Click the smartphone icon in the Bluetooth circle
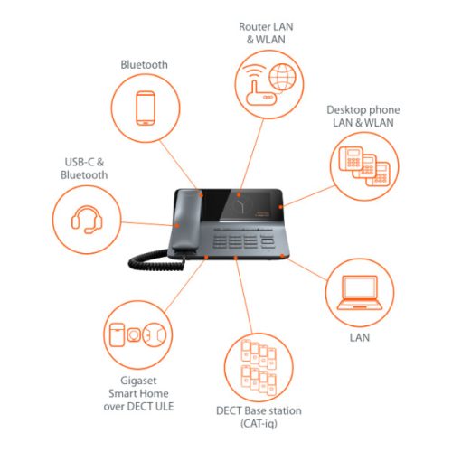pos(147,108)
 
